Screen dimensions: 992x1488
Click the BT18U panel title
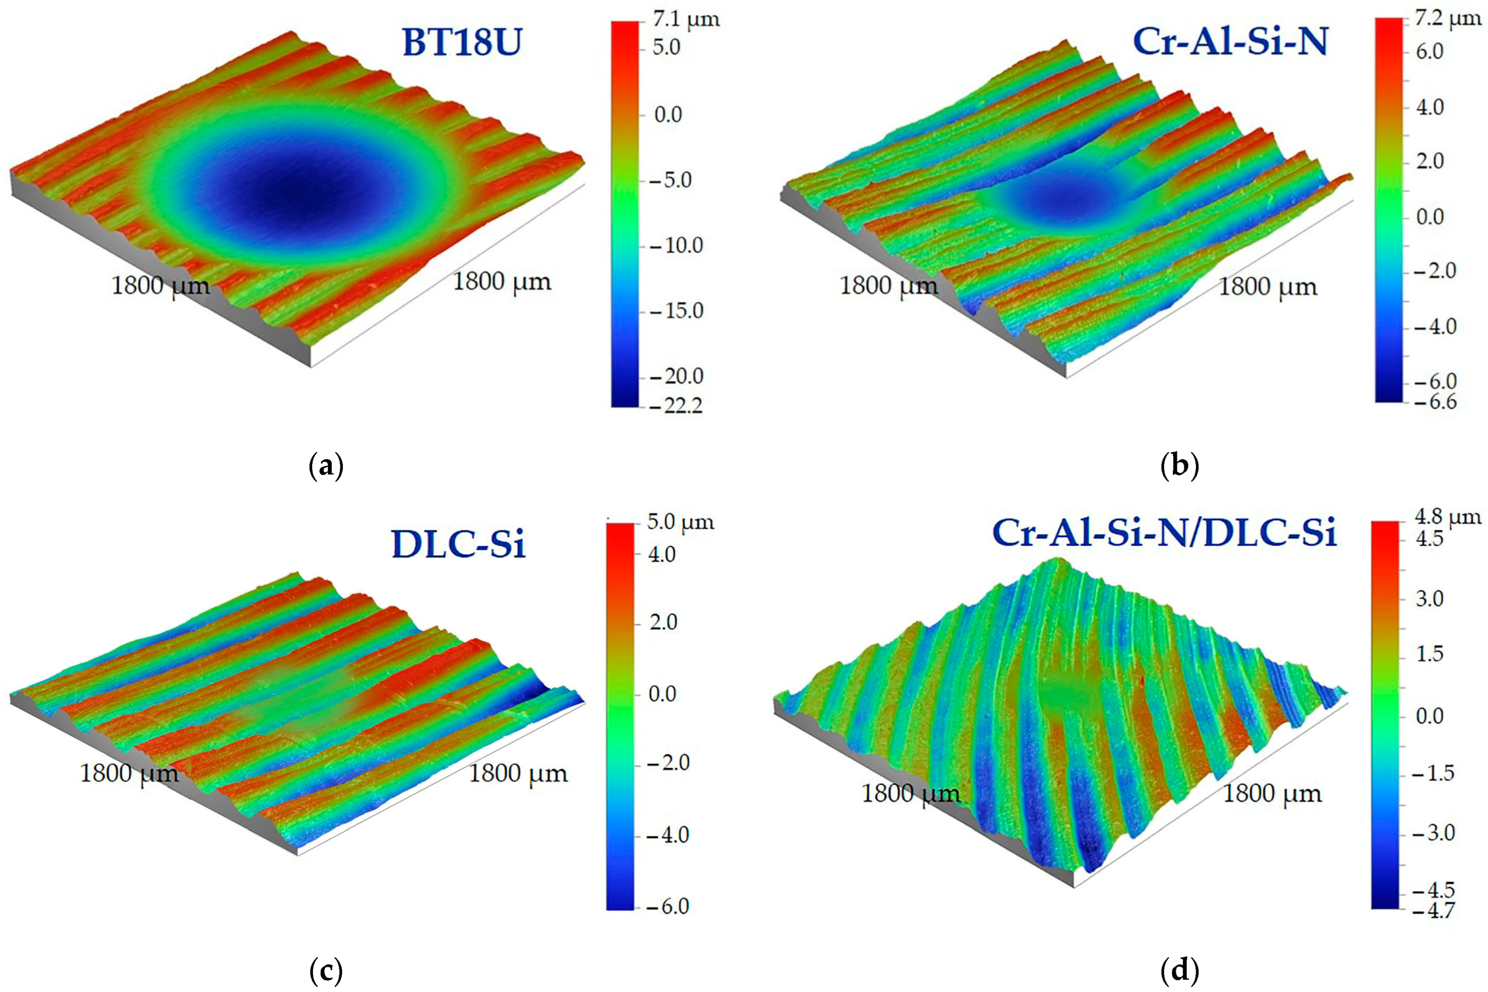[x=462, y=44]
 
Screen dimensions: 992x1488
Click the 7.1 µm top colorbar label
[x=686, y=20]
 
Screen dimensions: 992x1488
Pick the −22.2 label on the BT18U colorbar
[x=675, y=405]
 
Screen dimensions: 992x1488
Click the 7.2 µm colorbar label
[x=1448, y=19]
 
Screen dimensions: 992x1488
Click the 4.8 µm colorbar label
[x=1448, y=517]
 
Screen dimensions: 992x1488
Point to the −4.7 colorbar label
[x=1432, y=910]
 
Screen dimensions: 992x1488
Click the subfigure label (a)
[x=327, y=466]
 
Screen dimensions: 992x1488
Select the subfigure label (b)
[x=1180, y=466]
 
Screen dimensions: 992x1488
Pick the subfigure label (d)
[x=1180, y=969]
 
